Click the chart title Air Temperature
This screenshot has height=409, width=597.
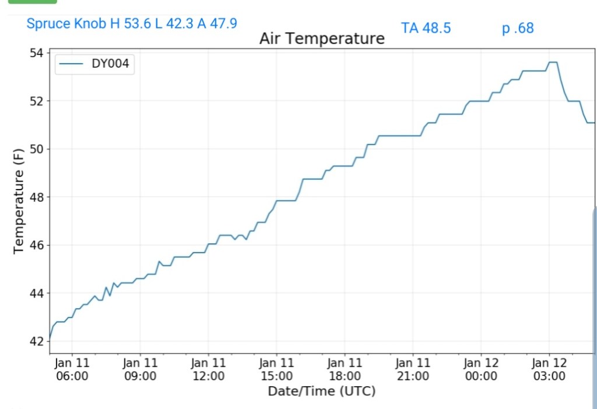(322, 39)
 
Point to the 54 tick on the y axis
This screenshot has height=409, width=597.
(36, 53)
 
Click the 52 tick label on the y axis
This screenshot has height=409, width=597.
(36, 101)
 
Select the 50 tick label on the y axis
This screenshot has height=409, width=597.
(36, 149)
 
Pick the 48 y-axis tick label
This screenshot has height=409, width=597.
(36, 197)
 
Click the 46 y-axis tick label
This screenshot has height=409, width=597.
(36, 245)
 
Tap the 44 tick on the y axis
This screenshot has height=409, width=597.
(36, 293)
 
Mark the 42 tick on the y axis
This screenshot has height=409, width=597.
(36, 341)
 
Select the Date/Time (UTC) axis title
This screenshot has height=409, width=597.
(321, 391)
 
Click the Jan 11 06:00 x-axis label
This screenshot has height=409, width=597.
(72, 369)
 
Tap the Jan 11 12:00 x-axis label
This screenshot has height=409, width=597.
(208, 369)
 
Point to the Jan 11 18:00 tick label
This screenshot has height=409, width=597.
(345, 369)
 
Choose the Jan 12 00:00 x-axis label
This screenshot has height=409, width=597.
(481, 369)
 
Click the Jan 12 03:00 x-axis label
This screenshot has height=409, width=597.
(549, 369)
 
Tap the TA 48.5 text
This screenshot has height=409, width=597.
(426, 28)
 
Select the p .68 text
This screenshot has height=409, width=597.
(518, 28)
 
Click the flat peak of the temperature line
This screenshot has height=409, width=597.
(553, 62)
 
